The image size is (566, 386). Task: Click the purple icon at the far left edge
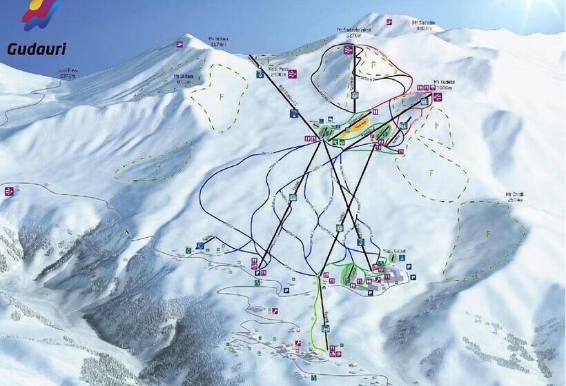click(x=9, y=191)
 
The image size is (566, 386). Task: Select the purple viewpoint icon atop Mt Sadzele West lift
click(x=349, y=50)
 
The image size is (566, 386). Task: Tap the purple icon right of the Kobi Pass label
click(x=293, y=74)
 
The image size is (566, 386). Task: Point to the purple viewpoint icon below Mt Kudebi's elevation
click(x=438, y=97)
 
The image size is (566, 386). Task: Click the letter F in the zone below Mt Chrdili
click(x=489, y=234)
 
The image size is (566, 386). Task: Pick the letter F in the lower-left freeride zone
click(x=158, y=166)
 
